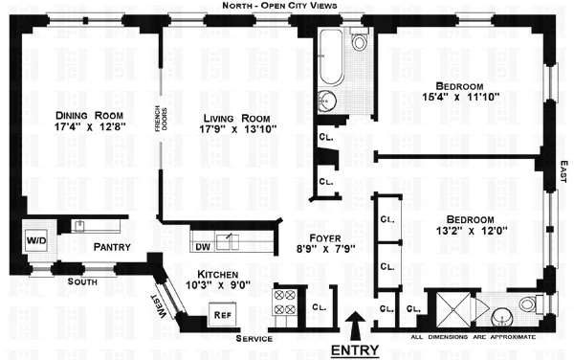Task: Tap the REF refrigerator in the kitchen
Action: [221, 312]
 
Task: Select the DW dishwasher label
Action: [202, 246]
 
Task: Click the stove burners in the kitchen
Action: [285, 303]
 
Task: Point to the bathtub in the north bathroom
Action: [329, 60]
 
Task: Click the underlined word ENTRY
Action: [354, 349]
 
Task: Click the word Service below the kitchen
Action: [253, 339]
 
